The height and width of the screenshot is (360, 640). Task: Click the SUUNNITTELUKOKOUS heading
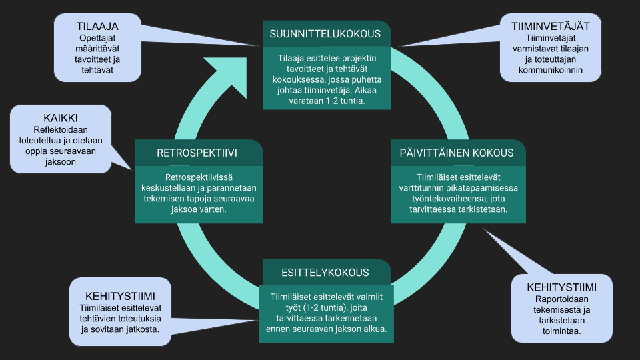click(325, 33)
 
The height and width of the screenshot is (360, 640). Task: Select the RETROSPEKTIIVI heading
click(197, 153)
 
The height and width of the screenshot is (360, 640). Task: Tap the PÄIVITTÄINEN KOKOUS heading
click(457, 153)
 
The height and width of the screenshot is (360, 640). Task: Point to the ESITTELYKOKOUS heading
click(316, 272)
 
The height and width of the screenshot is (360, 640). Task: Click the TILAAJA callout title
click(97, 26)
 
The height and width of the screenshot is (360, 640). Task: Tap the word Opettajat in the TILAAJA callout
click(97, 38)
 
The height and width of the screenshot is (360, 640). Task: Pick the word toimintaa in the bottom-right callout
click(561, 331)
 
